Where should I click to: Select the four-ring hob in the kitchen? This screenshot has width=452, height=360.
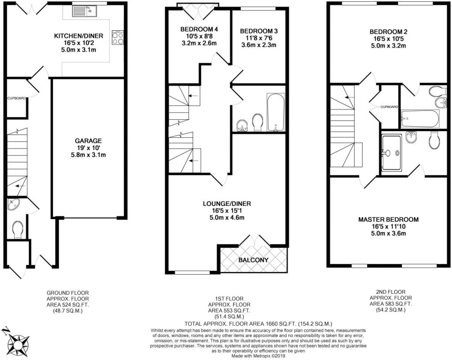(117, 38)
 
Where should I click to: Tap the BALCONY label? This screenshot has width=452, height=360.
(253, 260)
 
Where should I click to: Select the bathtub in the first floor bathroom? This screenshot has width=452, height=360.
(276, 112)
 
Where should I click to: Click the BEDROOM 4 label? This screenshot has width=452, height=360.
(199, 29)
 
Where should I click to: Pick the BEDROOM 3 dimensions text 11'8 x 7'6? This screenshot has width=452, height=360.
(259, 38)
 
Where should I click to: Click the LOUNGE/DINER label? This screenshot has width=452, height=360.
(227, 204)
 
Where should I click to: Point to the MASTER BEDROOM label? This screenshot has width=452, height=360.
(388, 220)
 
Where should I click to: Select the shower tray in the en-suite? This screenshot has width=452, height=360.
(391, 152)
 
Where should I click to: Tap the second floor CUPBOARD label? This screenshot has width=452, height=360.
(389, 107)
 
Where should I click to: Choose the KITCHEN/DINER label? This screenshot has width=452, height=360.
(79, 36)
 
